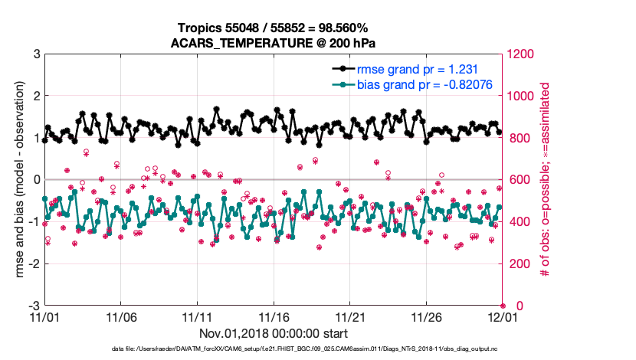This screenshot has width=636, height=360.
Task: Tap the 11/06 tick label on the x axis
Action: [x=120, y=316]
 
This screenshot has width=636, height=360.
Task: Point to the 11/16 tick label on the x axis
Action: [x=273, y=316]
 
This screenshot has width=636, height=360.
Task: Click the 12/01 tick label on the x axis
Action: [x=501, y=316]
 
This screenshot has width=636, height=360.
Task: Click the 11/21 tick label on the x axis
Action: [x=349, y=316]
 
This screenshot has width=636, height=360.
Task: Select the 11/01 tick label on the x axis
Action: [x=44, y=316]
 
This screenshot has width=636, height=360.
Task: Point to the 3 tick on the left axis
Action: [x=36, y=54]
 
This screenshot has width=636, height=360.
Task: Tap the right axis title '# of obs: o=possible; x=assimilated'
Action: [x=546, y=180]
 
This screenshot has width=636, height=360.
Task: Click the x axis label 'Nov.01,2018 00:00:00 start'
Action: [x=274, y=333]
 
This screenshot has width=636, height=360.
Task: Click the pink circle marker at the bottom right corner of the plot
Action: [x=503, y=305]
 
